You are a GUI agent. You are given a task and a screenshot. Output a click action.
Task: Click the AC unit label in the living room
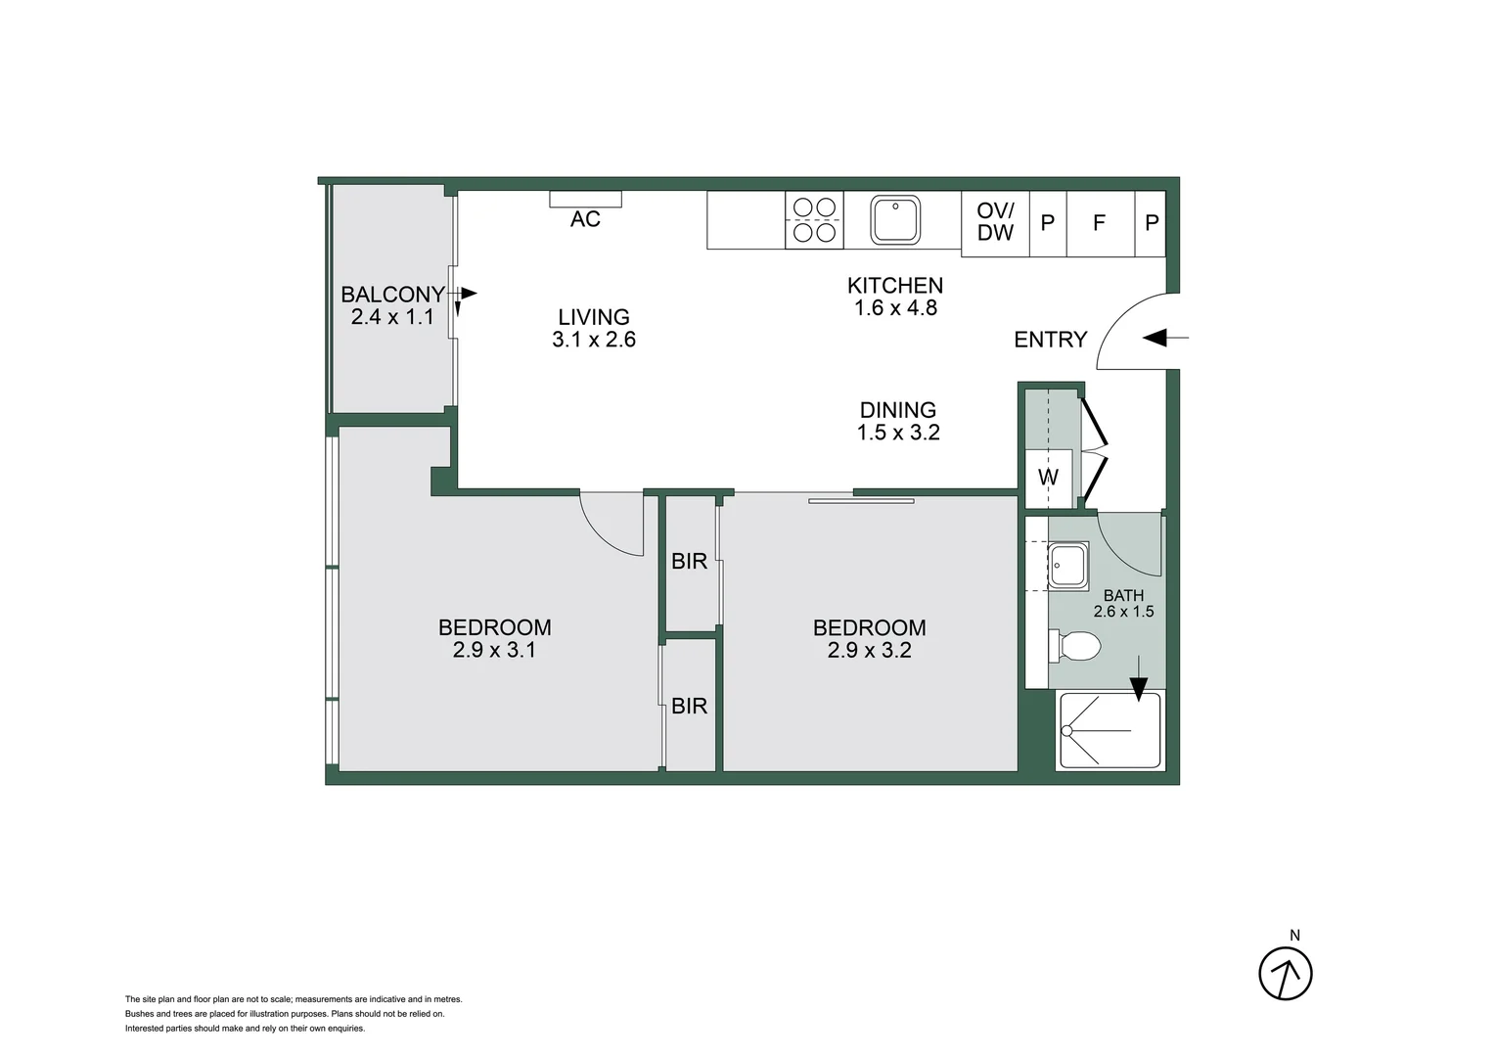coord(585,219)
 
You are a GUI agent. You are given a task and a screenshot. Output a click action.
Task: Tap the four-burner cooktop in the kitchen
coord(814,220)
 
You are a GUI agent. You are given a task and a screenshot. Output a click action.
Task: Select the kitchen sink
coord(895,220)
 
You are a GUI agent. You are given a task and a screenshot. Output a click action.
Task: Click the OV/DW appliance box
coord(995,222)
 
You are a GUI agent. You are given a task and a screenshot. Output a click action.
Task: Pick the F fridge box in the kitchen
coord(1099,223)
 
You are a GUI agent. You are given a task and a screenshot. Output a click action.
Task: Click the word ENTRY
coord(1050,340)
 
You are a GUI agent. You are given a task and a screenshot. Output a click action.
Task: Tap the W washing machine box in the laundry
coord(1048,478)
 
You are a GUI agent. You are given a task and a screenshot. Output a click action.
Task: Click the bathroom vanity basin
coord(1066,565)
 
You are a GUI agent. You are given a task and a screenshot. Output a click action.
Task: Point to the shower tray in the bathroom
coord(1110,730)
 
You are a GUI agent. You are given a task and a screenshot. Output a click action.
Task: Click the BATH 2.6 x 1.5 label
coord(1123,603)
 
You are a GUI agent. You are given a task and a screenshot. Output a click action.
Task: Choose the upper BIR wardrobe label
coord(689,561)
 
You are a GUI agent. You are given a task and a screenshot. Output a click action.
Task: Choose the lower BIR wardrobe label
coord(689,706)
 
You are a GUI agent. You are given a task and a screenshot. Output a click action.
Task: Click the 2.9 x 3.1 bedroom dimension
coord(494,650)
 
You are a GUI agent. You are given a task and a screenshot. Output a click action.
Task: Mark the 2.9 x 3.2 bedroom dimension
coord(869,650)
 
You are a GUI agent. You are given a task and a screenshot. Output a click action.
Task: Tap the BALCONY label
coord(392,294)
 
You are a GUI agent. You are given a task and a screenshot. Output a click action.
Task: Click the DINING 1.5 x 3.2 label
coord(898,421)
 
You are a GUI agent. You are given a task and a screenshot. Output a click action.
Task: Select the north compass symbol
coord(1285,973)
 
